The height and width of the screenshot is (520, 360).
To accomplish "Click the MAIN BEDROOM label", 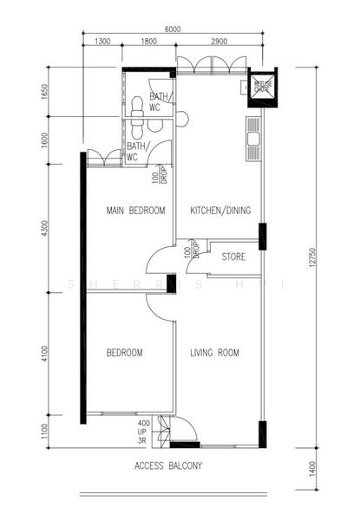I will coord(135,211).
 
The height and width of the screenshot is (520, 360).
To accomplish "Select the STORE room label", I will coord(232,257).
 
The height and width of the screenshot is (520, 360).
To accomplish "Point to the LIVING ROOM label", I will coord(214,353).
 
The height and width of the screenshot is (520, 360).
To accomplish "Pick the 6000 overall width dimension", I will coord(173,29).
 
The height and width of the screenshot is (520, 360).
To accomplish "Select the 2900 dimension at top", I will coord(219,42).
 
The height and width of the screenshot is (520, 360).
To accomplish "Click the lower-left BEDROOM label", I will coord(125,353).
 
